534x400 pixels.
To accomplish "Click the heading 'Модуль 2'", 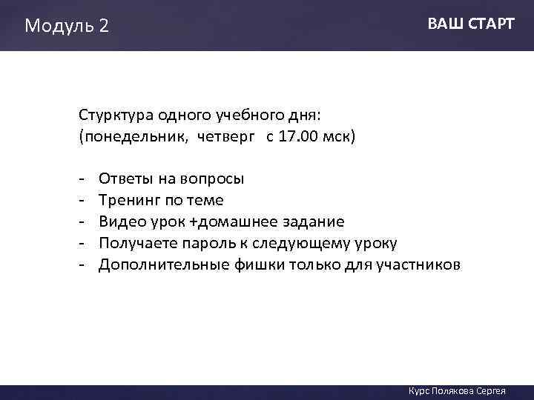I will [66, 26].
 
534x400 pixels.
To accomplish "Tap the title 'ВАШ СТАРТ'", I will [470, 24].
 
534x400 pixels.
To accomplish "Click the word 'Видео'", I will [120, 221].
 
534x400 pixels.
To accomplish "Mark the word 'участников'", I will [423, 264].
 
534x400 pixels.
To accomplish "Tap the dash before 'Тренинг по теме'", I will [81, 200].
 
